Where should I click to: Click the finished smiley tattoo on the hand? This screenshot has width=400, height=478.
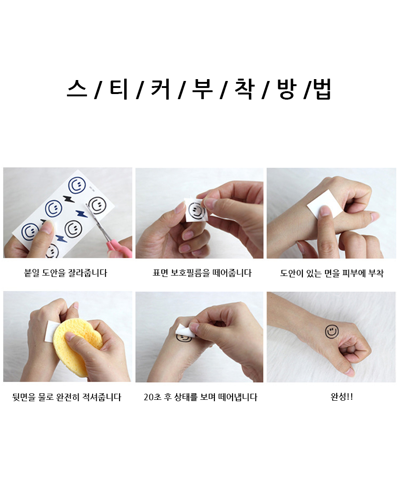[332, 331]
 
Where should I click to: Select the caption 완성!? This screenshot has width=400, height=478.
[342, 397]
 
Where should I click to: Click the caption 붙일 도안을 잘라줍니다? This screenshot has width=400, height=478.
[66, 273]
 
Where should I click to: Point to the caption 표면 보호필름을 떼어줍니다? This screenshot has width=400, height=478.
[202, 273]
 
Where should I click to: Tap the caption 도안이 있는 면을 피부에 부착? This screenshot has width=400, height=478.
[332, 273]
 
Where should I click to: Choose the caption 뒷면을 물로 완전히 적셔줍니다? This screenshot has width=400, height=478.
[67, 397]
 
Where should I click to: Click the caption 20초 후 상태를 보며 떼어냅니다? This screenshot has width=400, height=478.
[200, 397]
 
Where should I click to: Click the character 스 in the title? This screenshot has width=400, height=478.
[77, 89]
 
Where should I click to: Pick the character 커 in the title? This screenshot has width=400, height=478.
[160, 89]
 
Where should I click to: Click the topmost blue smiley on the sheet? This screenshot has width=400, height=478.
[76, 185]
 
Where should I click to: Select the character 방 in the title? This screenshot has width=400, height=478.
[287, 89]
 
